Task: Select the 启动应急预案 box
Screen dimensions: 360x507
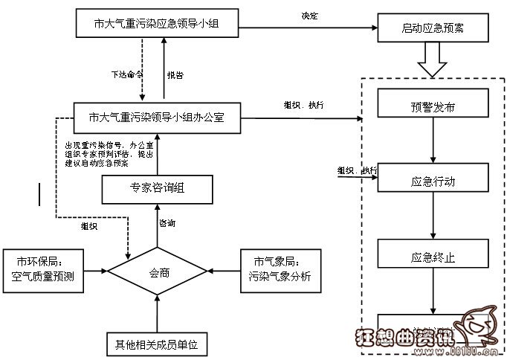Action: [x=433, y=30]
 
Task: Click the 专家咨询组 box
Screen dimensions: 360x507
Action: [x=157, y=189]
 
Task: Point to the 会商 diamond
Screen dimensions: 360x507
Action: [x=158, y=272]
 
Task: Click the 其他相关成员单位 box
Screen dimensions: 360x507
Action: [x=158, y=344]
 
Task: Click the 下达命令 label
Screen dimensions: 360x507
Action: [x=126, y=74]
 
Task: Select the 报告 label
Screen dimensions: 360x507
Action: [x=175, y=74]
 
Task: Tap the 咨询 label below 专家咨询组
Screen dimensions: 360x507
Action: [x=168, y=223]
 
